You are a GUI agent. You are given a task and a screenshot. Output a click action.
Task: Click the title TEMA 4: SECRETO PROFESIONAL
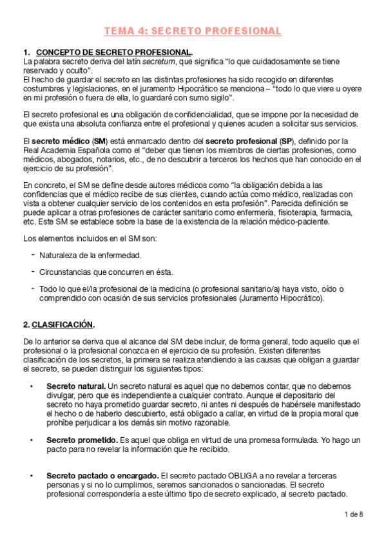coord(193,31)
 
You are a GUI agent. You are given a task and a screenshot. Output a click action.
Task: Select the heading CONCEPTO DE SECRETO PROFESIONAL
coord(113,52)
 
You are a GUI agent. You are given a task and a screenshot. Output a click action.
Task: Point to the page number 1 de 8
coord(353,514)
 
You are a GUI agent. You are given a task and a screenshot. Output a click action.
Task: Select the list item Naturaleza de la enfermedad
coord(90,255)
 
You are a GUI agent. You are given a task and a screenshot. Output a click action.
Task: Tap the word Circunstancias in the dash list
coord(65,272)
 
